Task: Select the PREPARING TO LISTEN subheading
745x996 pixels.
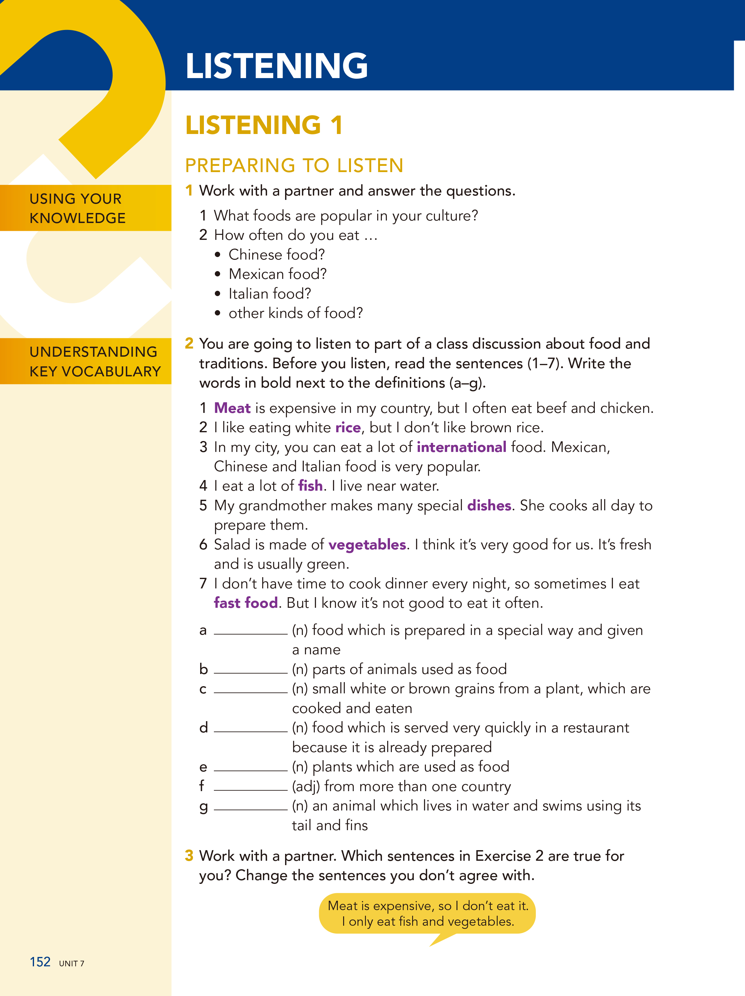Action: pos(294,165)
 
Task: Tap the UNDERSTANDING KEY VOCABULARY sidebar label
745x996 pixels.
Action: pos(95,361)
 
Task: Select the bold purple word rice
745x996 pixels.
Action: pos(348,427)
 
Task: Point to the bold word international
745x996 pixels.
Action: pos(461,447)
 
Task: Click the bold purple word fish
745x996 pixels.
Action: pos(310,486)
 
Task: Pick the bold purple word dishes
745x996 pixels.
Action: pos(489,506)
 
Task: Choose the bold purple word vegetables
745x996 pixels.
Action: pos(367,545)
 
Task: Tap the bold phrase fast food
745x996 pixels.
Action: pos(246,603)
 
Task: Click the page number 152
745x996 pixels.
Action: pos(40,962)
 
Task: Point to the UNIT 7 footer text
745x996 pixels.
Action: pos(72,964)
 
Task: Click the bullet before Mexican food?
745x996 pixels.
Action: pos(218,274)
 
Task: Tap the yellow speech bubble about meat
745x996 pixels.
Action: pos(427,914)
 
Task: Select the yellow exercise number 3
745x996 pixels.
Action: pos(189,855)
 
